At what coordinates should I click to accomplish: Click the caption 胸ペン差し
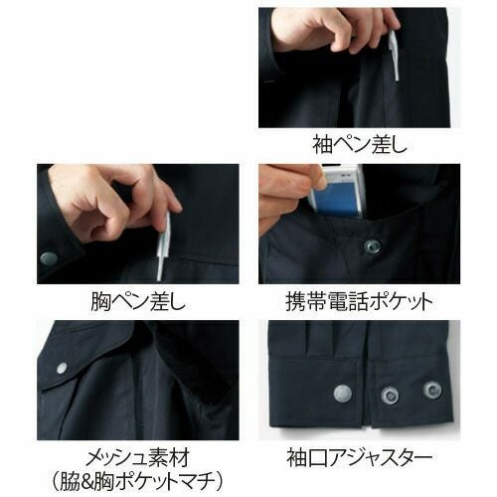click(138, 301)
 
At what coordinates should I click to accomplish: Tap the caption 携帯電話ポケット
click(360, 301)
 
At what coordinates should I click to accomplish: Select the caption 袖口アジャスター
click(360, 457)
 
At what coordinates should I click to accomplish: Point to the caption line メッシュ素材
click(138, 457)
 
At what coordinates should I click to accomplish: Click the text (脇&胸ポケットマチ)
click(137, 482)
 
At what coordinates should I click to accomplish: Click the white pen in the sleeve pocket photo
click(395, 55)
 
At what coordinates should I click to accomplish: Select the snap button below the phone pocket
click(372, 247)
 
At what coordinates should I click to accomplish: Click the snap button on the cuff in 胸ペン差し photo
click(49, 258)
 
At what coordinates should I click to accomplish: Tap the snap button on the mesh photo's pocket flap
click(62, 368)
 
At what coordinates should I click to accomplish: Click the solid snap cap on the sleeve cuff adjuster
click(343, 394)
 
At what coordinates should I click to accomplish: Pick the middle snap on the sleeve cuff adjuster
click(390, 395)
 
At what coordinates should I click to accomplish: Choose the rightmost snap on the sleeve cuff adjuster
click(432, 390)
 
